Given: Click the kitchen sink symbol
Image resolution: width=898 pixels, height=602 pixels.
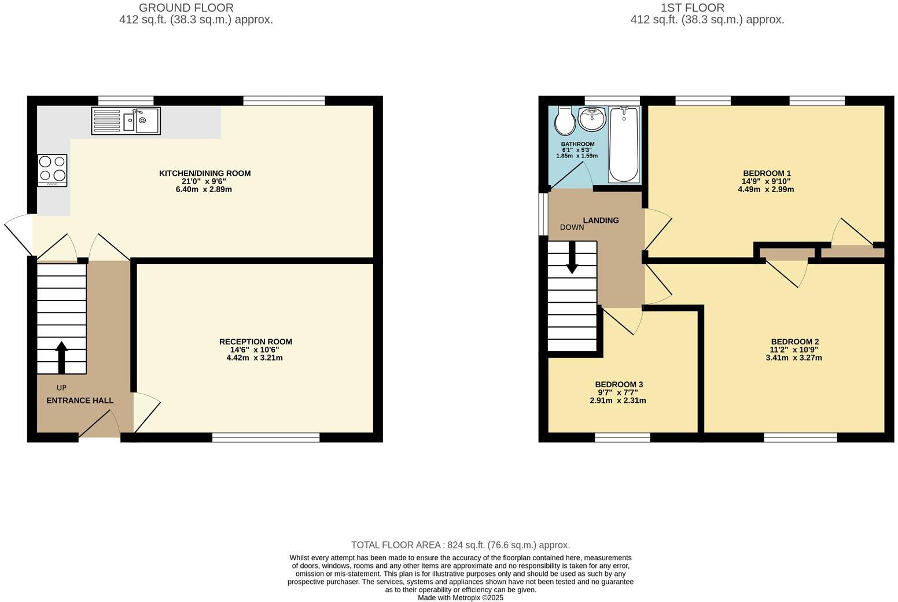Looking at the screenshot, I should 126,121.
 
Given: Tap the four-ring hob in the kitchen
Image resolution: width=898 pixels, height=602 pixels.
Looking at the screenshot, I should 52,170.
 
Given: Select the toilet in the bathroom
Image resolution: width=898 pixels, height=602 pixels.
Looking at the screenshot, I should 564,120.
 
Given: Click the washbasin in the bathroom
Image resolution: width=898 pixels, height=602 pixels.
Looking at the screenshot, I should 592,119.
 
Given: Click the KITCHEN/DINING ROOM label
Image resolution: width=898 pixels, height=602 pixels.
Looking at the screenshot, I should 205,173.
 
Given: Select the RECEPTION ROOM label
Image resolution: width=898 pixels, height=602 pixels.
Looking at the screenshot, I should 255,342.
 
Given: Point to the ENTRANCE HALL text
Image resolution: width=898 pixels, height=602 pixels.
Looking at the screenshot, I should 80,401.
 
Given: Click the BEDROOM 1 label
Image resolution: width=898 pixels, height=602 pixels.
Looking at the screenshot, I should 767,173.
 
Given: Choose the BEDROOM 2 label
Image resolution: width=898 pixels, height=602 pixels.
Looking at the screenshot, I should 794,342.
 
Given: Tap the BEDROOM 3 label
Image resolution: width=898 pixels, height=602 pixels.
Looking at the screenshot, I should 619,384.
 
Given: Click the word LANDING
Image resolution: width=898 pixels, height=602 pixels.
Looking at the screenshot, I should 601,220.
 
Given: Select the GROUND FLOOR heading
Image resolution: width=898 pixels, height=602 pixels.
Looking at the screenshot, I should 186,8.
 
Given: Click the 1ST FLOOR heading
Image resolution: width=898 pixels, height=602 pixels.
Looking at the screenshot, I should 692,8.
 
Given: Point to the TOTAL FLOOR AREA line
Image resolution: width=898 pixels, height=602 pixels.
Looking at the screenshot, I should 461,545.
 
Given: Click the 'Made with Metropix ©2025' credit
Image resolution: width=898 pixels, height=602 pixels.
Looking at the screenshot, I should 461,597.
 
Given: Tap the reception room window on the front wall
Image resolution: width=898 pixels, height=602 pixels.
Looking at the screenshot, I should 266,438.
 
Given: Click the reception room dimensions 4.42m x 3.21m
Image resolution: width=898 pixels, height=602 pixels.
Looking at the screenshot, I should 255,358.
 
